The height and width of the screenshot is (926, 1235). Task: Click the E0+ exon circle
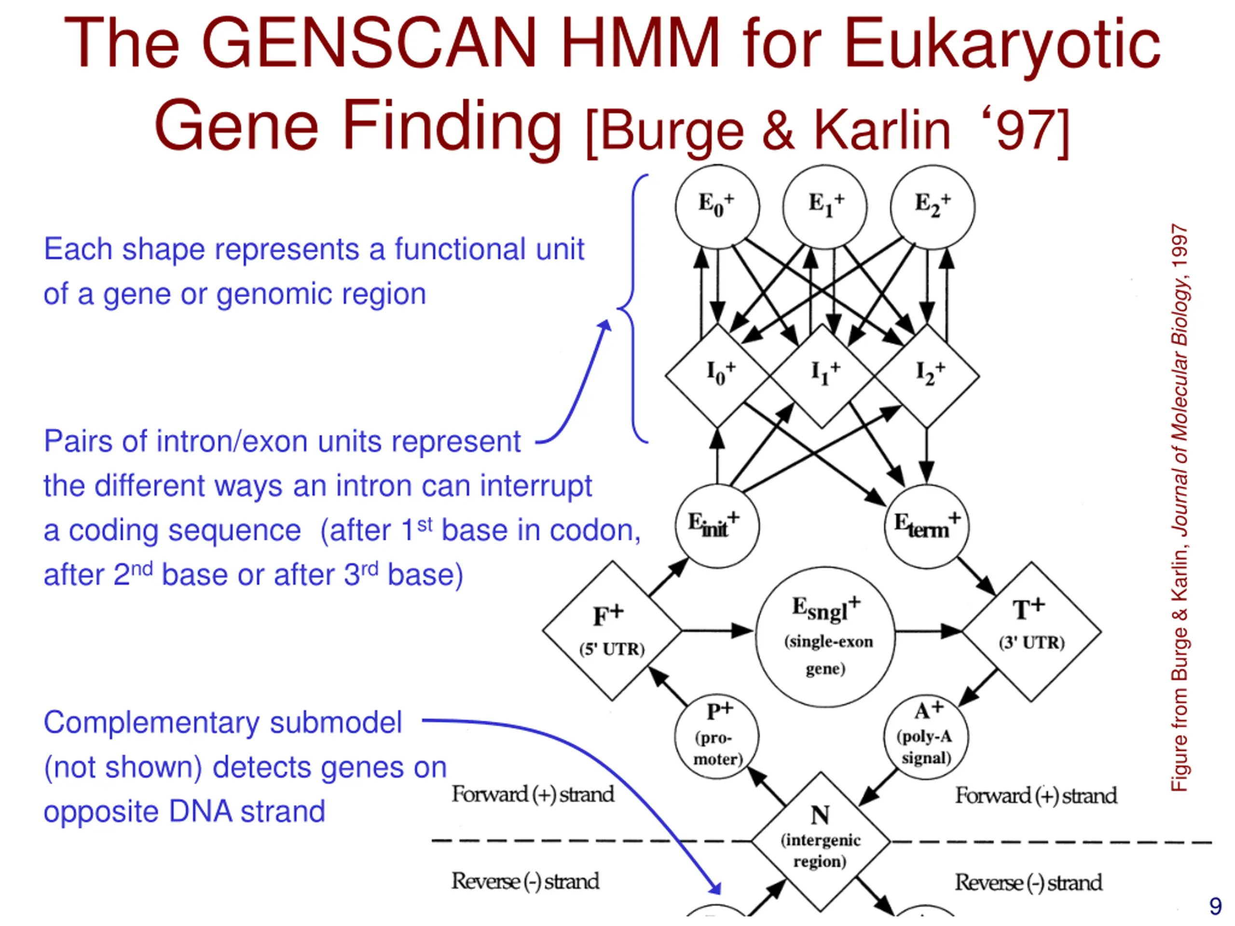coord(717,206)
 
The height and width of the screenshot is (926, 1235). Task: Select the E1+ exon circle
coord(824,206)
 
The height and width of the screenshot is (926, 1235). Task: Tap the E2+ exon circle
coord(933,206)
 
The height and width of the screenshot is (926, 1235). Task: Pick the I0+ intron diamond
coord(717,376)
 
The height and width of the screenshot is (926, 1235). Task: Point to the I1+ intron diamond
coord(822,376)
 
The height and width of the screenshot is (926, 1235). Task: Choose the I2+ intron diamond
coord(927,376)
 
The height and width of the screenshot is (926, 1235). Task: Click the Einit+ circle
coord(717,526)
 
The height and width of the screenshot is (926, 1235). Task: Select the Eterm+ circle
coord(927,526)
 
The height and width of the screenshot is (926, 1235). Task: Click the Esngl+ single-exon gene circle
coord(825,636)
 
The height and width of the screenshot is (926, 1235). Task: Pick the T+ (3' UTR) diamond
coord(1031,631)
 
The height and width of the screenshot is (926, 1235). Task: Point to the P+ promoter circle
coord(717,737)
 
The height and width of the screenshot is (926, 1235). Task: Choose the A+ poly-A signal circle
coord(926,737)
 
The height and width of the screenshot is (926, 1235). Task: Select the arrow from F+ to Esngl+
coord(717,631)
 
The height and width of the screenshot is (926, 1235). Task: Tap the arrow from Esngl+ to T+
coord(928,631)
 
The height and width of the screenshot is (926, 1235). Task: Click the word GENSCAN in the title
coord(369,43)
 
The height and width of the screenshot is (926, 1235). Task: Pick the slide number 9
coord(1215,906)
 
